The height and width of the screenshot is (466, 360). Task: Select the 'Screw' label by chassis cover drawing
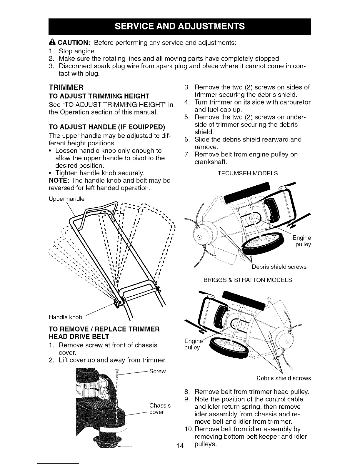pos(158,371)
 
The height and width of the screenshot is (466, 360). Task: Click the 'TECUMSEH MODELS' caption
pos(247,173)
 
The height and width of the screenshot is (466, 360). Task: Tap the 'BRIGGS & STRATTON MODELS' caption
pos(248,280)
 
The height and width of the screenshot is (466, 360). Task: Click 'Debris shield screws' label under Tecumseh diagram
pos(279,267)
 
